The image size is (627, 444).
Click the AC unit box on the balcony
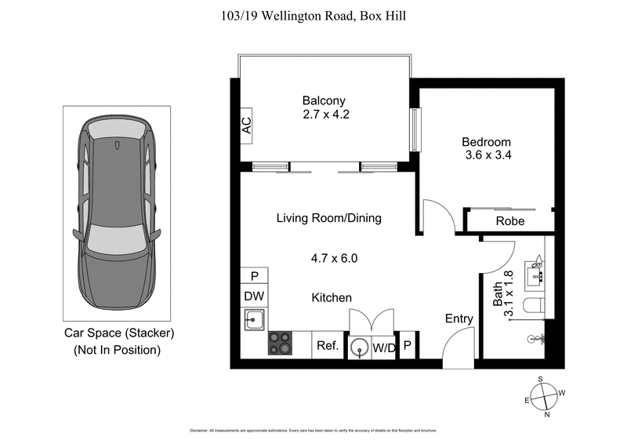click(x=246, y=126)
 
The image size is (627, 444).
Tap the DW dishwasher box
click(x=254, y=297)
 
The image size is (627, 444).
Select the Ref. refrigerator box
click(x=326, y=345)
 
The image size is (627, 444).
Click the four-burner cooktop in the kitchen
click(x=281, y=344)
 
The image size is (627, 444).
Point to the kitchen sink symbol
click(x=254, y=320)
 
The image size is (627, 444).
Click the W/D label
click(x=384, y=346)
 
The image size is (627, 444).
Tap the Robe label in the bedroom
click(x=510, y=221)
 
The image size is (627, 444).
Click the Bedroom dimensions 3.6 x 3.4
click(x=487, y=155)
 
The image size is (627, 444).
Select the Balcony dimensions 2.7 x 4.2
click(x=324, y=114)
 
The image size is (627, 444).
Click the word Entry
click(x=459, y=318)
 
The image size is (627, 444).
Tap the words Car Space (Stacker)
click(x=118, y=333)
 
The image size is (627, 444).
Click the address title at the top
click(x=313, y=16)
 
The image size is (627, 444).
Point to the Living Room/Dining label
click(x=328, y=218)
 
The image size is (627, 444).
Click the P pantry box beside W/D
click(x=408, y=346)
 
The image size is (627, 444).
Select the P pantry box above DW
click(x=254, y=276)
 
